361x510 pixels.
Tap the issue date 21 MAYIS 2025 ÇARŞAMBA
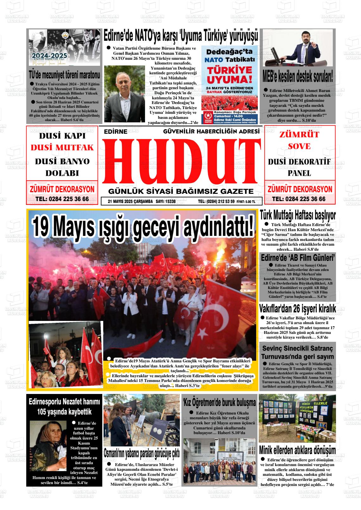[130, 201]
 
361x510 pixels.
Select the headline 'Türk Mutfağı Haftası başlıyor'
[297, 216]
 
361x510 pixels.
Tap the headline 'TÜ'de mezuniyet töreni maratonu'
[64, 75]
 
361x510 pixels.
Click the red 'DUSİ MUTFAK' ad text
[62, 148]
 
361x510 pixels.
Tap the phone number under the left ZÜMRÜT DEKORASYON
[62, 199]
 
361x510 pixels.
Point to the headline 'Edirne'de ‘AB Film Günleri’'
[298, 257]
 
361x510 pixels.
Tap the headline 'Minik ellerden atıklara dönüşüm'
[297, 450]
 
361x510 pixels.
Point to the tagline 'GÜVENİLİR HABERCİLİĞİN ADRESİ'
[211, 131]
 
